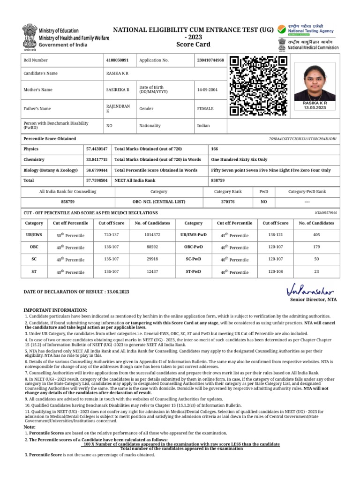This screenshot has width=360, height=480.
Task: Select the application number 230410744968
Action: [x=210, y=60]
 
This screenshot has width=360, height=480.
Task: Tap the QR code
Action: [x=258, y=86]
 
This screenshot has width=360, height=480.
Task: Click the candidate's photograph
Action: [x=315, y=81]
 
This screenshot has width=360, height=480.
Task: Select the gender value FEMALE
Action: [x=205, y=109]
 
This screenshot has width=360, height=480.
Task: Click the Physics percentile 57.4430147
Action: [x=97, y=149]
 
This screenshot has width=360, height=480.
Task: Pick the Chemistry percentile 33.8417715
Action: [x=97, y=159]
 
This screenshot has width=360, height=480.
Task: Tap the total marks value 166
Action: [x=215, y=149]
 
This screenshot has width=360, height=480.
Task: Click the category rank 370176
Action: [x=228, y=202]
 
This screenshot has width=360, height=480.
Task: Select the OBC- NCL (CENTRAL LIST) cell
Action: [x=158, y=202]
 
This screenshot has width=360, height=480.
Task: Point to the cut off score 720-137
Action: [x=111, y=234]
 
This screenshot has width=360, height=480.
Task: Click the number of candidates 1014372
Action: [x=152, y=234]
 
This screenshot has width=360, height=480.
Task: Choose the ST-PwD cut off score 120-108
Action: [x=275, y=271]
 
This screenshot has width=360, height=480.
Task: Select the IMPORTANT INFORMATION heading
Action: [x=55, y=310]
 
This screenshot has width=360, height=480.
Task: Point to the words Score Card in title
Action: [x=193, y=45]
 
